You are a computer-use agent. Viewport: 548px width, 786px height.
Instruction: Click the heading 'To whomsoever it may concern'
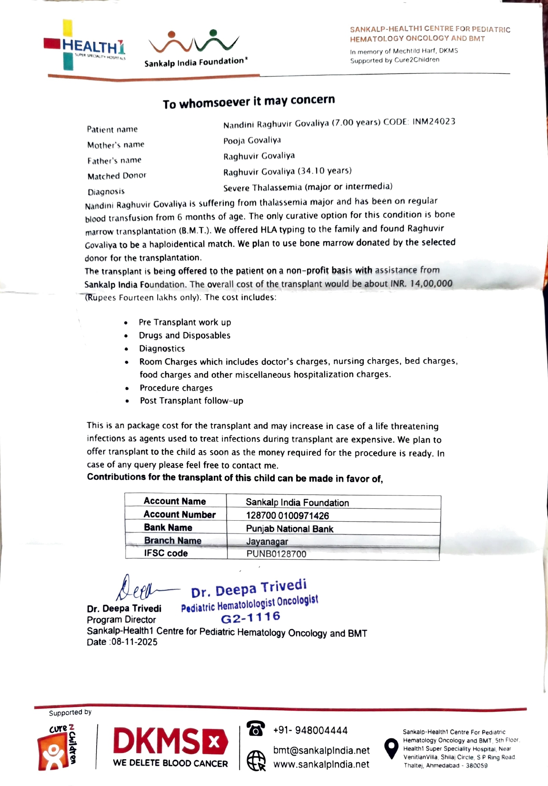pos(249,101)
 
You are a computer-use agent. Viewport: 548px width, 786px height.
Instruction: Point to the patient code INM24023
pos(434,121)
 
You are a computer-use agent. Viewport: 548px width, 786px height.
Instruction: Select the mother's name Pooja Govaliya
pos(252,141)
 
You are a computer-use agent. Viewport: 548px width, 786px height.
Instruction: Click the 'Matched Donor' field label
pos(117,176)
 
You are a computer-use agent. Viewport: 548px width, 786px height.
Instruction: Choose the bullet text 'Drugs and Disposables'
pos(184,335)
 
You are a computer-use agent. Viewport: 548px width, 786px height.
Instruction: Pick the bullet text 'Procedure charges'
pos(176,388)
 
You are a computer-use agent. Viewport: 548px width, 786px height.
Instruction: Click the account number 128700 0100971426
pos(287,515)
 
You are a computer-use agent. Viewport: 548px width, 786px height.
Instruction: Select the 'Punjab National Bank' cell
pos(289,529)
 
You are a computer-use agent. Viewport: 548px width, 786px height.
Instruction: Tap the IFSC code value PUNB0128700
pos(276,554)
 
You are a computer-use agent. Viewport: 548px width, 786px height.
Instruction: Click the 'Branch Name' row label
pos(172,540)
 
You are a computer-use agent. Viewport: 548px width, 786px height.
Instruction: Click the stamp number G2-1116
pos(250,618)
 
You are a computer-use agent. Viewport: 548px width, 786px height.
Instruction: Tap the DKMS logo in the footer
pos(170,746)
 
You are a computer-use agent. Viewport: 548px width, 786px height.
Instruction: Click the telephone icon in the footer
pos(256,729)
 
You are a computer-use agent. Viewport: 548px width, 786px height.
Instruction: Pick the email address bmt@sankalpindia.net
pos(321,751)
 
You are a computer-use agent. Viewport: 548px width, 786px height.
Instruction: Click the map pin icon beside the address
pos(391,748)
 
